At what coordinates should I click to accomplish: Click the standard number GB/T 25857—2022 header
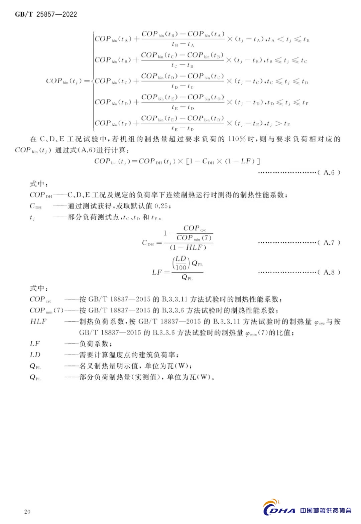pos(46,14)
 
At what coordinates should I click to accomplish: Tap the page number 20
pos(27,511)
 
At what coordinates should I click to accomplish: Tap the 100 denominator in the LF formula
pos(181,267)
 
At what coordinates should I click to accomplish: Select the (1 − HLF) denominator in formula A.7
pos(188,247)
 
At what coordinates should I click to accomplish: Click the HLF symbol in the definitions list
pos(38,321)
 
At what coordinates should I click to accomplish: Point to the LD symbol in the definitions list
pos(35,355)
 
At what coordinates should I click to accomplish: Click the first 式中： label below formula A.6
pos(39,184)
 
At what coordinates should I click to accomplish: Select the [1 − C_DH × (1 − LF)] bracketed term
pos(223,161)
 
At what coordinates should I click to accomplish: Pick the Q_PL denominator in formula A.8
pos(187,277)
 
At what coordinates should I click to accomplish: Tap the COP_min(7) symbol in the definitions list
pos(46,310)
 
